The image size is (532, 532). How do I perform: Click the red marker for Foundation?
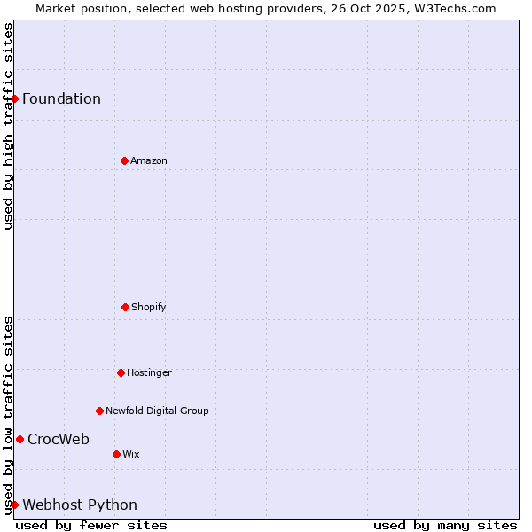(15, 98)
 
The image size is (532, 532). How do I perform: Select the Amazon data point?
(124, 160)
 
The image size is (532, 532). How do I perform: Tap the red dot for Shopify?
(125, 307)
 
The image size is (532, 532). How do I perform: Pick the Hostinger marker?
(121, 372)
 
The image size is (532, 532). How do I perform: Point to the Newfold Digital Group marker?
(99, 411)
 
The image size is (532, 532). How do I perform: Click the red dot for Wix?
(116, 454)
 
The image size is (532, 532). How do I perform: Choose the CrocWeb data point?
(20, 439)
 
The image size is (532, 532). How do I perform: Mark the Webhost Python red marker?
(15, 505)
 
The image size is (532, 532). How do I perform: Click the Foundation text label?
(61, 98)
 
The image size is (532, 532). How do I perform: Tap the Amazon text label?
(149, 160)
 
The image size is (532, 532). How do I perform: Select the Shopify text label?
(149, 307)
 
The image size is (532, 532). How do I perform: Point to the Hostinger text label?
(149, 372)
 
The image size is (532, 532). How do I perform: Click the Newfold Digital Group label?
(157, 411)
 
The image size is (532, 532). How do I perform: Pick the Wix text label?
(131, 454)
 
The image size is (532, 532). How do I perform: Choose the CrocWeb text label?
(59, 439)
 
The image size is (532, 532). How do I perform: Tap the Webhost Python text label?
(80, 505)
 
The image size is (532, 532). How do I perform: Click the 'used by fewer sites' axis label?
(91, 525)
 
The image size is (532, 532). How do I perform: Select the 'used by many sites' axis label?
(445, 525)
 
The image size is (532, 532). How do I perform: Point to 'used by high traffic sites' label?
(8, 126)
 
